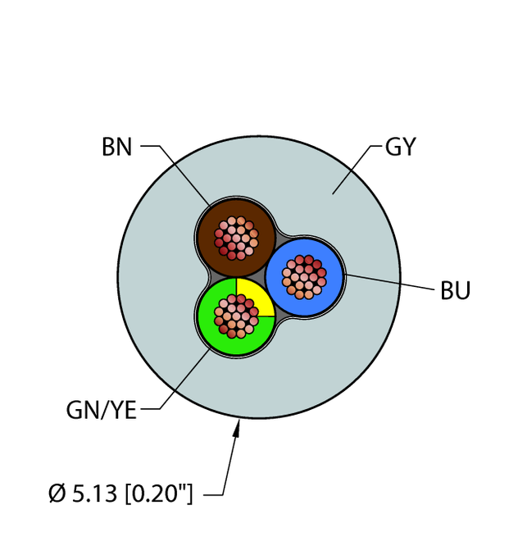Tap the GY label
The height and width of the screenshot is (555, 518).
click(400, 148)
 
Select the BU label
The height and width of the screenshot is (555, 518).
click(456, 290)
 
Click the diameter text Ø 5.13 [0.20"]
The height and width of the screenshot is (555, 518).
click(120, 494)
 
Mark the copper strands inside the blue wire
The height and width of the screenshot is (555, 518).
click(304, 275)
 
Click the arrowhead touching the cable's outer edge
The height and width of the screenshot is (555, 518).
click(239, 425)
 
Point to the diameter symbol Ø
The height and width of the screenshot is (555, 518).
click(56, 494)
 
